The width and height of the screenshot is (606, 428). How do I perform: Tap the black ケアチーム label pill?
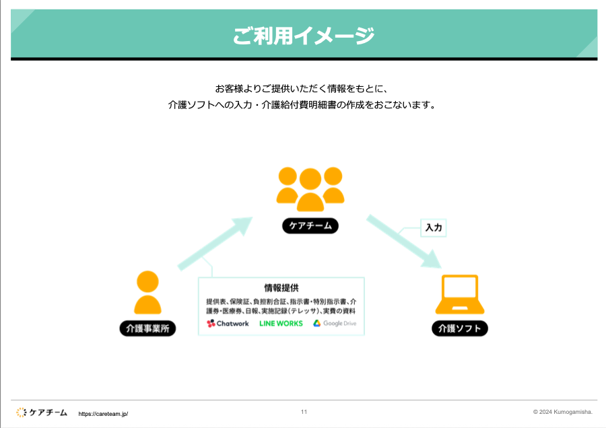tap(310, 226)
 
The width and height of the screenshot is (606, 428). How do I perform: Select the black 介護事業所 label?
tap(147, 329)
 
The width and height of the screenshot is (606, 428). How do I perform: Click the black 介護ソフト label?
tap(460, 329)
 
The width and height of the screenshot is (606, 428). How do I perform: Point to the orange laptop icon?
tap(459, 295)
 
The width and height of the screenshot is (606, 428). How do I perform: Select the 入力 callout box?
tap(434, 228)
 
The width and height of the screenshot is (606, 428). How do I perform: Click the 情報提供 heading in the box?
tap(281, 287)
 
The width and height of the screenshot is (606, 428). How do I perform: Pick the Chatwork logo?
tap(228, 324)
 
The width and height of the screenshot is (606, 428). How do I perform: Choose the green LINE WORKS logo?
tap(281, 324)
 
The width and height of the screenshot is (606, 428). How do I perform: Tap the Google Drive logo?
tap(335, 324)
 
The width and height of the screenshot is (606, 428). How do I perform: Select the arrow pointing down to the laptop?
tap(403, 242)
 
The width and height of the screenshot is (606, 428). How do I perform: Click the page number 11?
tap(304, 412)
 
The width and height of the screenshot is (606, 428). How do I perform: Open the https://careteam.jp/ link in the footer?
tap(103, 414)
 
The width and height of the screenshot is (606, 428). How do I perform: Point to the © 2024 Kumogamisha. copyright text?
tap(562, 412)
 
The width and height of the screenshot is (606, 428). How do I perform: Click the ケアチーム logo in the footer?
tap(42, 412)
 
